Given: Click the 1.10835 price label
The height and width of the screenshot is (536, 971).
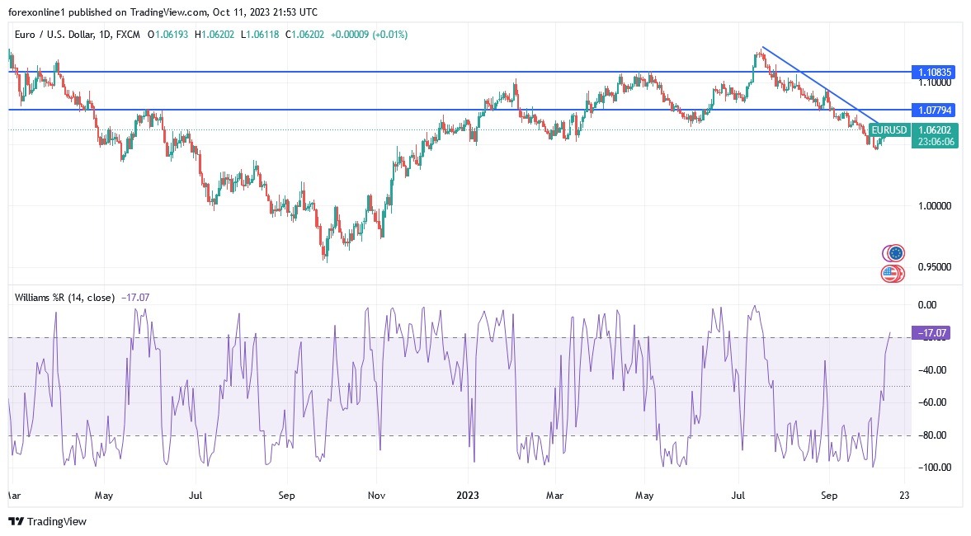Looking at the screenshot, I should tap(935, 73).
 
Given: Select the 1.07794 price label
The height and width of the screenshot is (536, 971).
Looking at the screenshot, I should tap(935, 110).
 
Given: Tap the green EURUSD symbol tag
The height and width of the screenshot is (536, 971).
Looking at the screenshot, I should tap(889, 130).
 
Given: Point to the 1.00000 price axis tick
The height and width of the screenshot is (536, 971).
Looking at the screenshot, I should tap(936, 205).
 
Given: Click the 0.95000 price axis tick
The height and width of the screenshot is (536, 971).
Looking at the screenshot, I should tap(936, 267).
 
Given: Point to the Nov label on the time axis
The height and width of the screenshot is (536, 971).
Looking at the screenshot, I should tap(376, 496).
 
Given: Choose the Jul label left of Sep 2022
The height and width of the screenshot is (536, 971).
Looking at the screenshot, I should tap(196, 496).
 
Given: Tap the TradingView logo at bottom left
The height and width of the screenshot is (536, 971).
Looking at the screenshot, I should tap(47, 521).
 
